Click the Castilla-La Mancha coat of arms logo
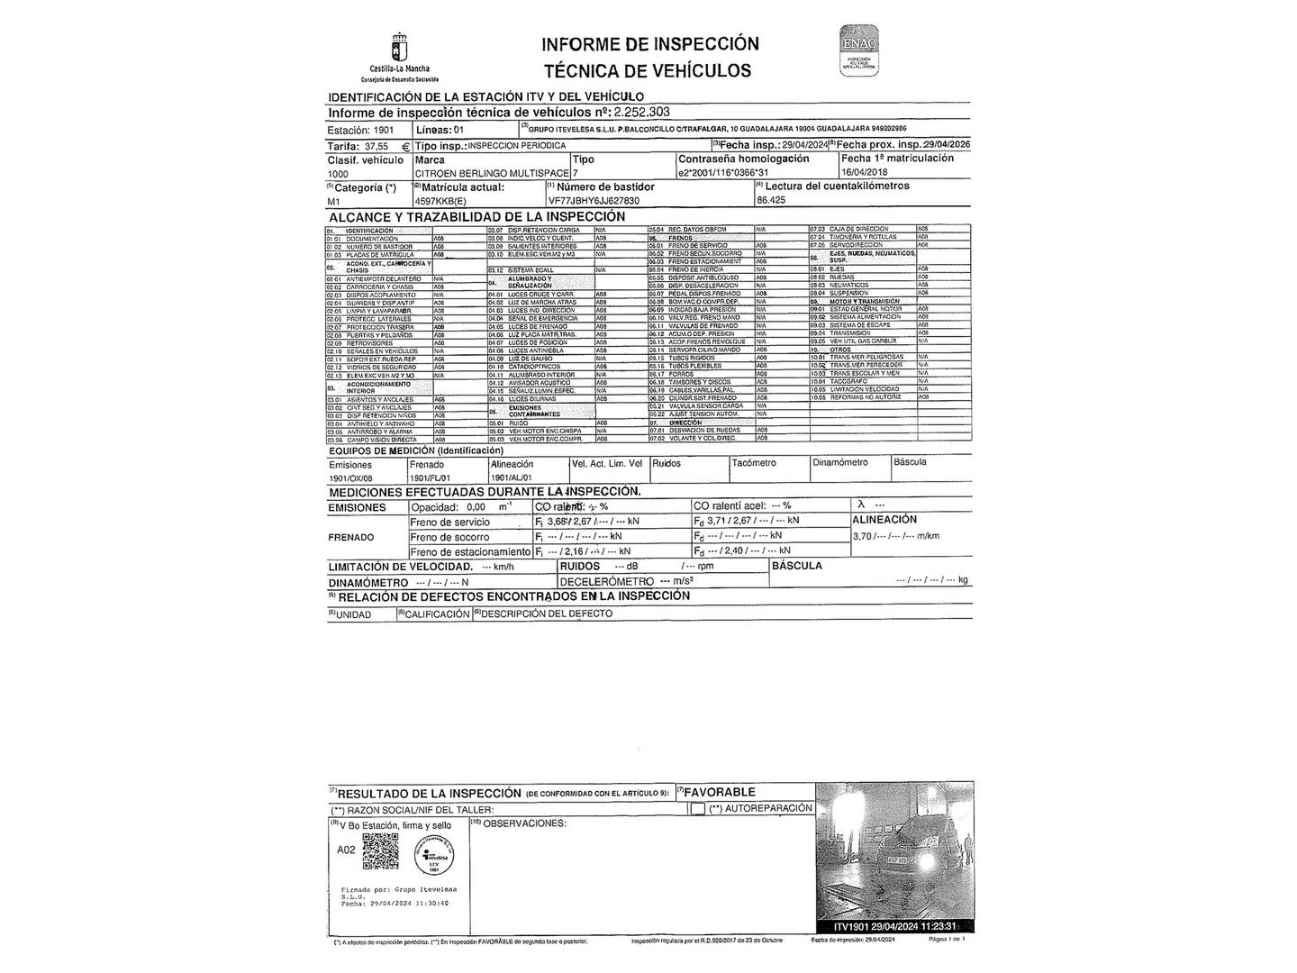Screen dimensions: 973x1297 pos(399,47)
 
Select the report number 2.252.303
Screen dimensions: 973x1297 pos(640,113)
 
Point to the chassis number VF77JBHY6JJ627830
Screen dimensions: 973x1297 pos(594,201)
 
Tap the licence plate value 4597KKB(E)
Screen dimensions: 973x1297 pos(441,201)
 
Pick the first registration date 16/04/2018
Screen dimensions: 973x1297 pos(865,172)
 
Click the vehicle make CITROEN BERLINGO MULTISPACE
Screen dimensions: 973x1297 pos(492,172)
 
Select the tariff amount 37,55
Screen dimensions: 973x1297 pos(376,145)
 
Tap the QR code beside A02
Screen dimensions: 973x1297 pos(380,851)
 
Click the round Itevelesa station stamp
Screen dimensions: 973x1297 pos(433,854)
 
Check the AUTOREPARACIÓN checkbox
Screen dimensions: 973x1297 pos(697,809)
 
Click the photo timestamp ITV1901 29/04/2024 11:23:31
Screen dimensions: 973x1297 pos(893,926)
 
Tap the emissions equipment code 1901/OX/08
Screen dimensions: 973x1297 pos(350,478)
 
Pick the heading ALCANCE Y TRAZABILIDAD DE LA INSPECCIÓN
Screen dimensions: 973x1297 pos(476,217)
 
